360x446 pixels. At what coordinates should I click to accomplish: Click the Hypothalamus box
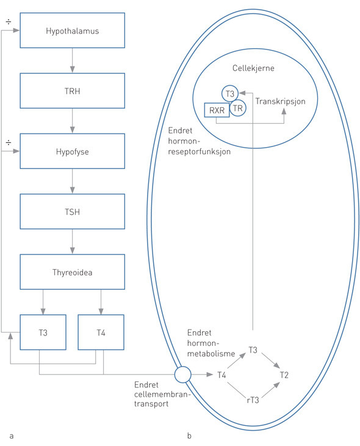[73, 30]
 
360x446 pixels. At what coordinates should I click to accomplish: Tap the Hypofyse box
[73, 151]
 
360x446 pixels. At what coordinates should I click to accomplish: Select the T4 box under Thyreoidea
[101, 333]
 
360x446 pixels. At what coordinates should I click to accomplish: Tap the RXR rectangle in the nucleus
[216, 110]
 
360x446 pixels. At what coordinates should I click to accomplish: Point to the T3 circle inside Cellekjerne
[229, 93]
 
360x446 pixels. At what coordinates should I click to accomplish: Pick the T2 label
[284, 374]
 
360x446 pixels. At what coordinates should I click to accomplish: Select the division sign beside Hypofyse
[8, 142]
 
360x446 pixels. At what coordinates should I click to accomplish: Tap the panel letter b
[189, 436]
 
